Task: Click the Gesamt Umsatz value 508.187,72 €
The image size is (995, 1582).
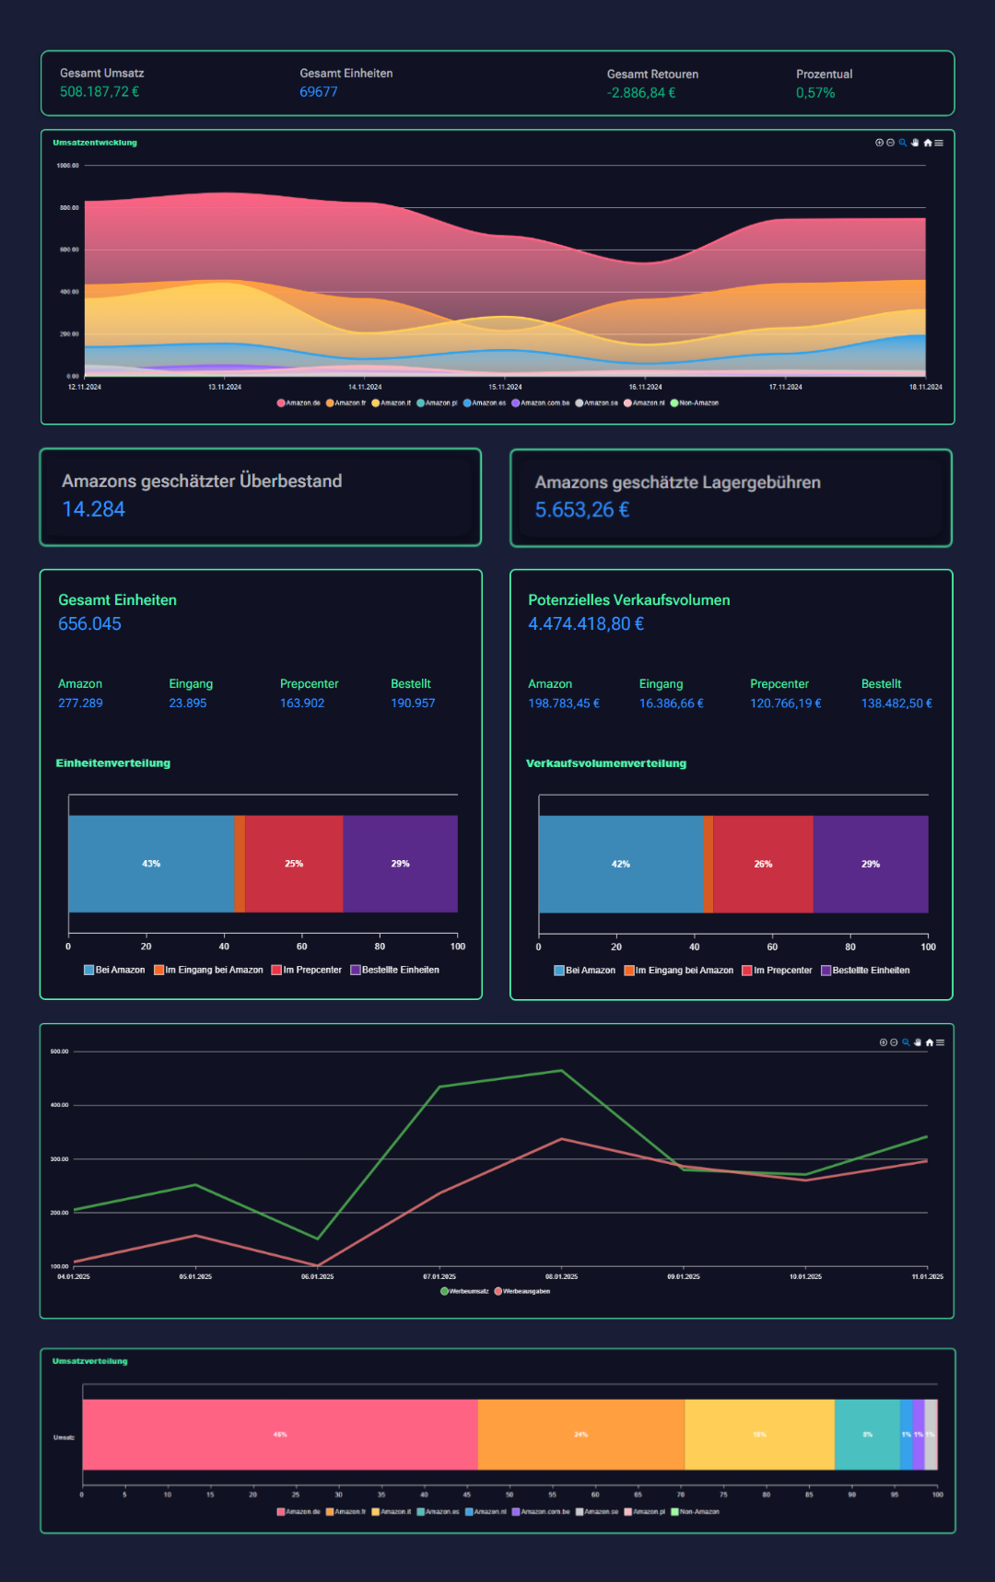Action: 99,92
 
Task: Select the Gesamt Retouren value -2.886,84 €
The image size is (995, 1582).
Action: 641,93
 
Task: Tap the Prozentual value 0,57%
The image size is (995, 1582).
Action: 815,93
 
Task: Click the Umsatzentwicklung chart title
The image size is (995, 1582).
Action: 95,143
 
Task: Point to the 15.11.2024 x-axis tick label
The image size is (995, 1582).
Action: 505,387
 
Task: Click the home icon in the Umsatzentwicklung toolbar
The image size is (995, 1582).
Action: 928,143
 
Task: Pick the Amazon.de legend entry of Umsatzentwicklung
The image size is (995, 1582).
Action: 299,403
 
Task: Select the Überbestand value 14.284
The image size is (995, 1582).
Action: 93,509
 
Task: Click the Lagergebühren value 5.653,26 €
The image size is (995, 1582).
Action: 582,510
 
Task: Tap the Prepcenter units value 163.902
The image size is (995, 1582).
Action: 302,703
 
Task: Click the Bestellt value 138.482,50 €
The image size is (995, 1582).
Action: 896,704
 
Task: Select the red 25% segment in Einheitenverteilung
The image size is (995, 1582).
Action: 294,864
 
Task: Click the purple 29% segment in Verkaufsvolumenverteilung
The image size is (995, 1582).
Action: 871,864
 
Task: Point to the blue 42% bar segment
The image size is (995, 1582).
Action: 621,864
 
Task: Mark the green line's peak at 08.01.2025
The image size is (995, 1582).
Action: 561,1071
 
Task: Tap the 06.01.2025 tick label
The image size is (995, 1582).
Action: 318,1276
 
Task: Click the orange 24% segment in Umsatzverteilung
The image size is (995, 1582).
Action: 580,1435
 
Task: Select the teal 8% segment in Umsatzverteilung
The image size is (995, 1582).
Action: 867,1435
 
